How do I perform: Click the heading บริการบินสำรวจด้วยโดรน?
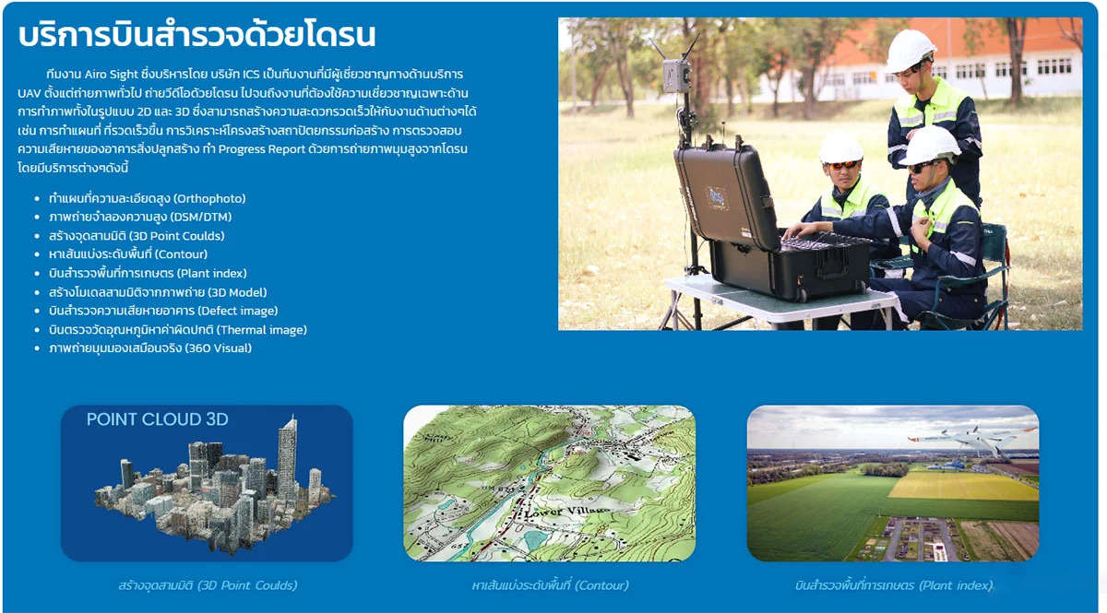196,35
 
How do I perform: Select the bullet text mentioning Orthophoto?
148,198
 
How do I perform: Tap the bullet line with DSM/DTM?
140,217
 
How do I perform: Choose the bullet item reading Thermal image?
178,329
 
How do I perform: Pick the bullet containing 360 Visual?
150,348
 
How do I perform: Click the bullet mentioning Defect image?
163,311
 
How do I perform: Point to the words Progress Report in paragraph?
261,149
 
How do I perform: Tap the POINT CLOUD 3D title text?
157,419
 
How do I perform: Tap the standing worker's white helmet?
910,51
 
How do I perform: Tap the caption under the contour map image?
550,585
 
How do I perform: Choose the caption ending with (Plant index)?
894,585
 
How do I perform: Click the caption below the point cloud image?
208,585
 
